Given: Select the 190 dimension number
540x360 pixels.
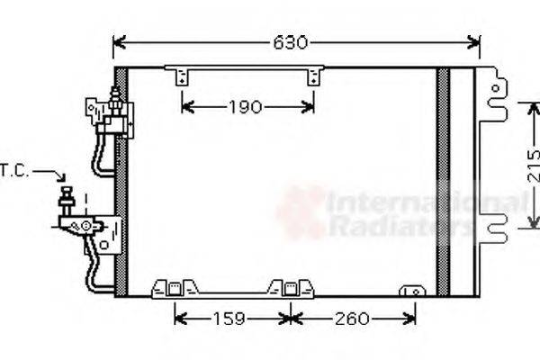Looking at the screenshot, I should click(244, 108).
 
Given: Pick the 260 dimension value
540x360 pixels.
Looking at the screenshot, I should click(352, 318).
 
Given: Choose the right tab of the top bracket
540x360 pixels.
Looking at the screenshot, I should click(313, 77).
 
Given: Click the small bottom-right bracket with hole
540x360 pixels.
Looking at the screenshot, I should click(413, 291).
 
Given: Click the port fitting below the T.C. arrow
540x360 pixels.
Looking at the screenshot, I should click(67, 200).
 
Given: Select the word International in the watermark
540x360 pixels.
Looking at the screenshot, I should click(405, 202).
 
